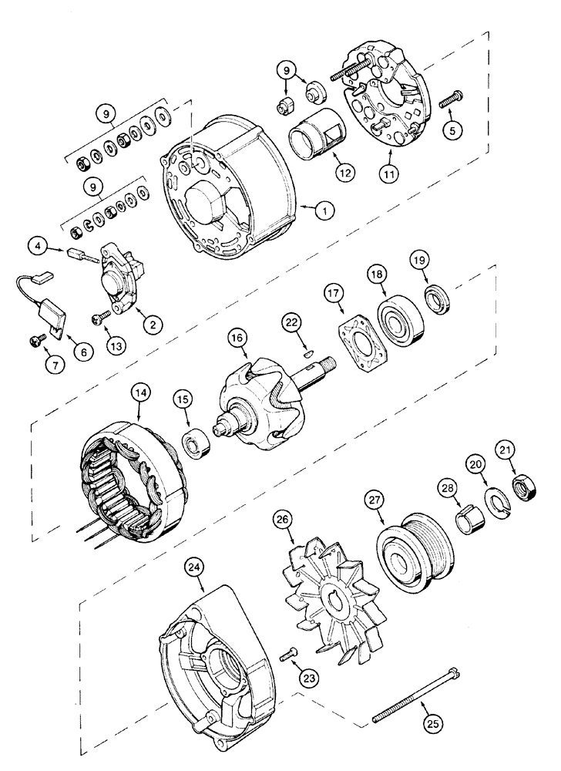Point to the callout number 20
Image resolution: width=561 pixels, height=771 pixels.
tap(474, 463)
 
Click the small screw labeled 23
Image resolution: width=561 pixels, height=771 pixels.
tap(289, 654)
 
